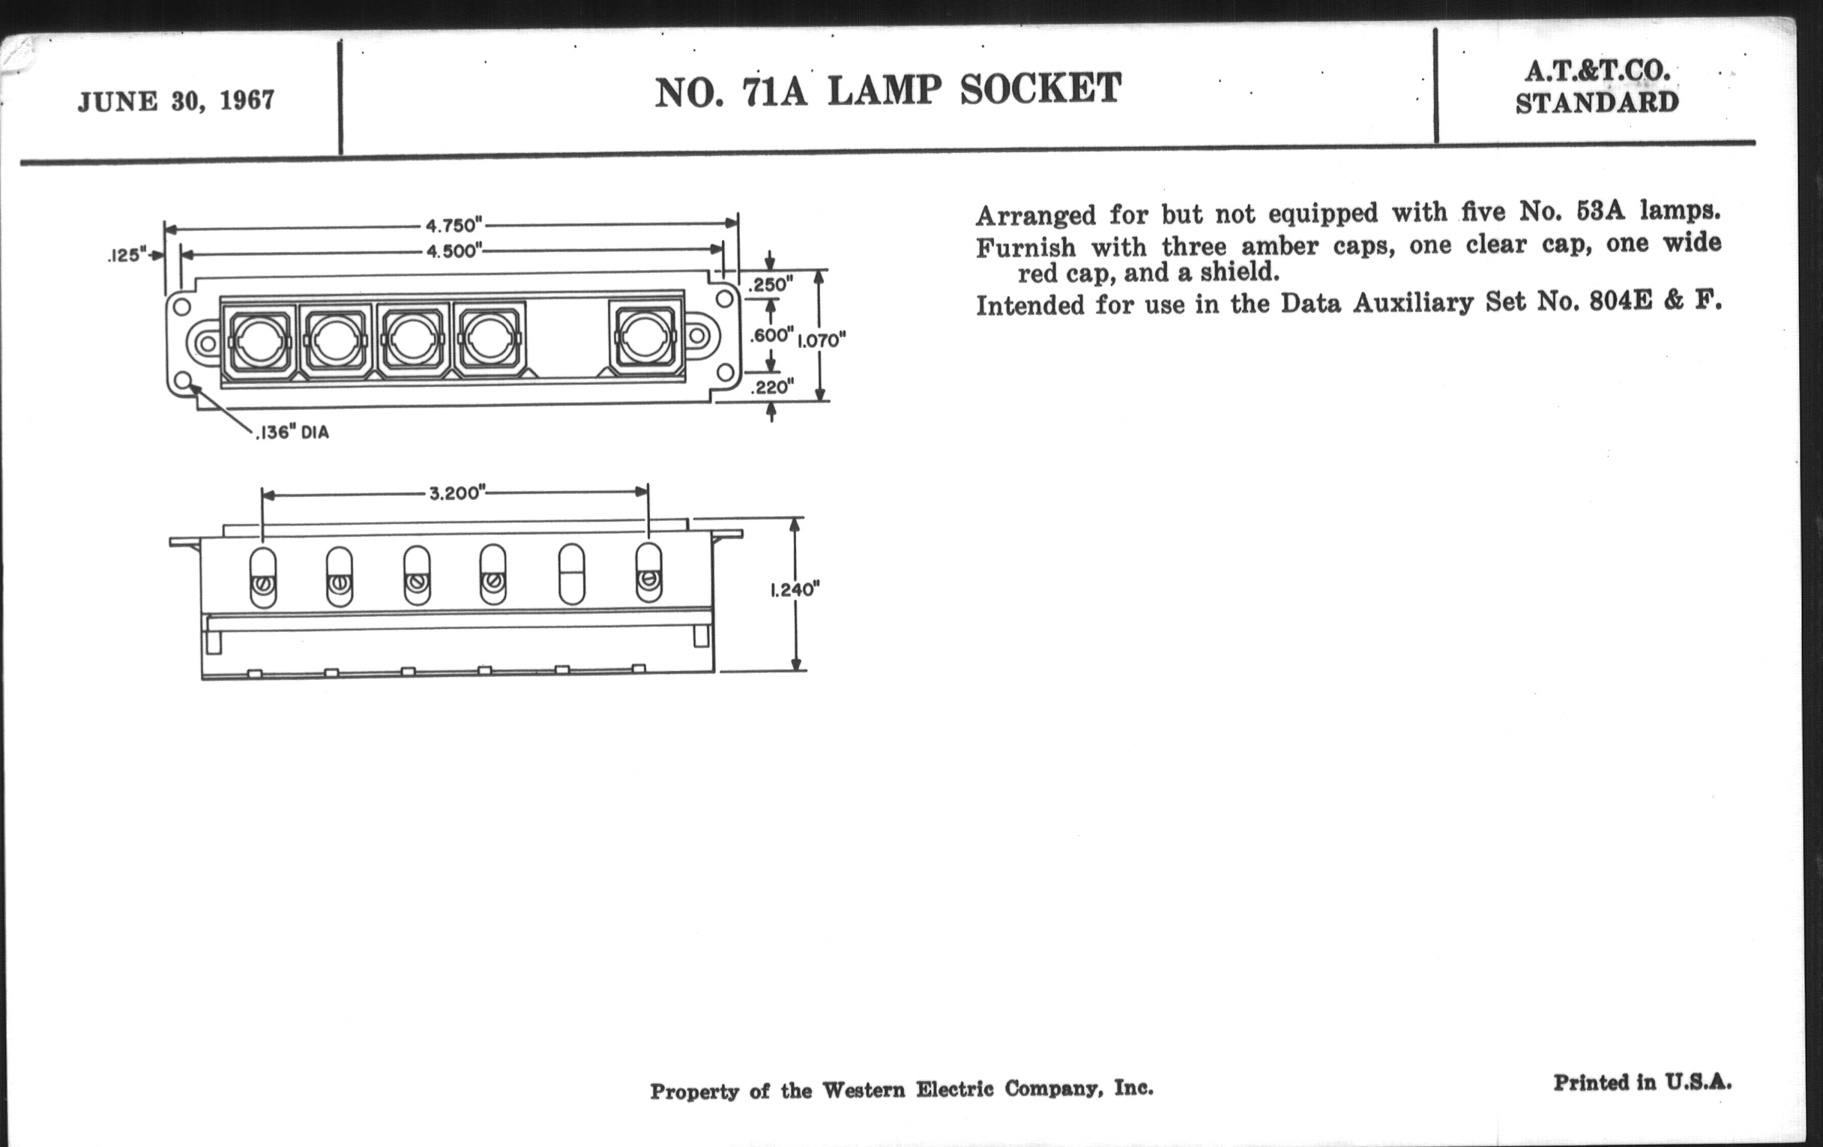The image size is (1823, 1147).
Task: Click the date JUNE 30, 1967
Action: pyautogui.click(x=175, y=100)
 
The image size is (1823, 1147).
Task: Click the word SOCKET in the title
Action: pyautogui.click(x=1040, y=89)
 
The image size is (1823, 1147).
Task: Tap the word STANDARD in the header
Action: pyautogui.click(x=1597, y=103)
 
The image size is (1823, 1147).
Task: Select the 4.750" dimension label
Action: pyautogui.click(x=454, y=226)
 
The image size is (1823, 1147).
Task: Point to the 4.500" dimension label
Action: pyautogui.click(x=454, y=251)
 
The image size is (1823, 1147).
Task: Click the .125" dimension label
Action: pyautogui.click(x=126, y=256)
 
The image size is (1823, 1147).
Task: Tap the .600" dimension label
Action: pyautogui.click(x=771, y=335)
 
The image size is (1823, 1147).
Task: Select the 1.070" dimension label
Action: pyautogui.click(x=822, y=340)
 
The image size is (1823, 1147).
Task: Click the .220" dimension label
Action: pyautogui.click(x=771, y=388)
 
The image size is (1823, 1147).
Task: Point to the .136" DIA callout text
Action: pyautogui.click(x=292, y=433)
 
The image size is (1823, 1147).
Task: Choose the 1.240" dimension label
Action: pyautogui.click(x=795, y=590)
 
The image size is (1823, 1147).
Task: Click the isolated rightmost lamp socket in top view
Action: pyautogui.click(x=645, y=339)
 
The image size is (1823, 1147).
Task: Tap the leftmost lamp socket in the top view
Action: pyautogui.click(x=258, y=340)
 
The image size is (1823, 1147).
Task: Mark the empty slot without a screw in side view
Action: pyautogui.click(x=571, y=575)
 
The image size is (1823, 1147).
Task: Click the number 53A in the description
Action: pyautogui.click(x=1600, y=211)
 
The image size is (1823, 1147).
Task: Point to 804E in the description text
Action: pyautogui.click(x=1621, y=303)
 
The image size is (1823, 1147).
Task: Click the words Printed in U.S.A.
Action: pyautogui.click(x=1642, y=1083)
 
